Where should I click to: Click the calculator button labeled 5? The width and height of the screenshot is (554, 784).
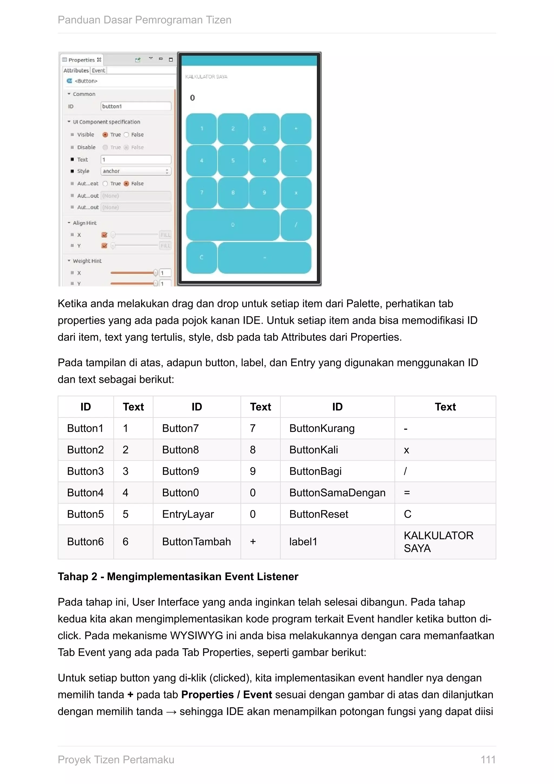tap(233, 160)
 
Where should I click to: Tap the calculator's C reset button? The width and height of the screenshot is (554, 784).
tap(201, 257)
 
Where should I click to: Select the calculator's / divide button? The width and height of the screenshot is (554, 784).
tap(296, 225)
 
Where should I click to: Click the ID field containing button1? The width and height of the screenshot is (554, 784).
tap(136, 106)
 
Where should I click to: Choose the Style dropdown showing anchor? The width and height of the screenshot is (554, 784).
tap(136, 171)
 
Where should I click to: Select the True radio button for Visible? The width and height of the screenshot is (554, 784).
tap(105, 135)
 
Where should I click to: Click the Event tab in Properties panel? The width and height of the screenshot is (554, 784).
tap(98, 70)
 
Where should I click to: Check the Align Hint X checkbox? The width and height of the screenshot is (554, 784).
tap(104, 235)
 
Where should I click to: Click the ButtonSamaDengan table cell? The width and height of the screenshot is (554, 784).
tap(337, 492)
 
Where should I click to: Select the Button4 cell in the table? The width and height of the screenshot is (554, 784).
tap(85, 492)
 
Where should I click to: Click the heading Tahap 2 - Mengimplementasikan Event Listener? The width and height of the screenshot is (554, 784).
tap(178, 576)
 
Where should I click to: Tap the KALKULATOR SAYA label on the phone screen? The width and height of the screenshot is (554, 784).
tap(206, 77)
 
